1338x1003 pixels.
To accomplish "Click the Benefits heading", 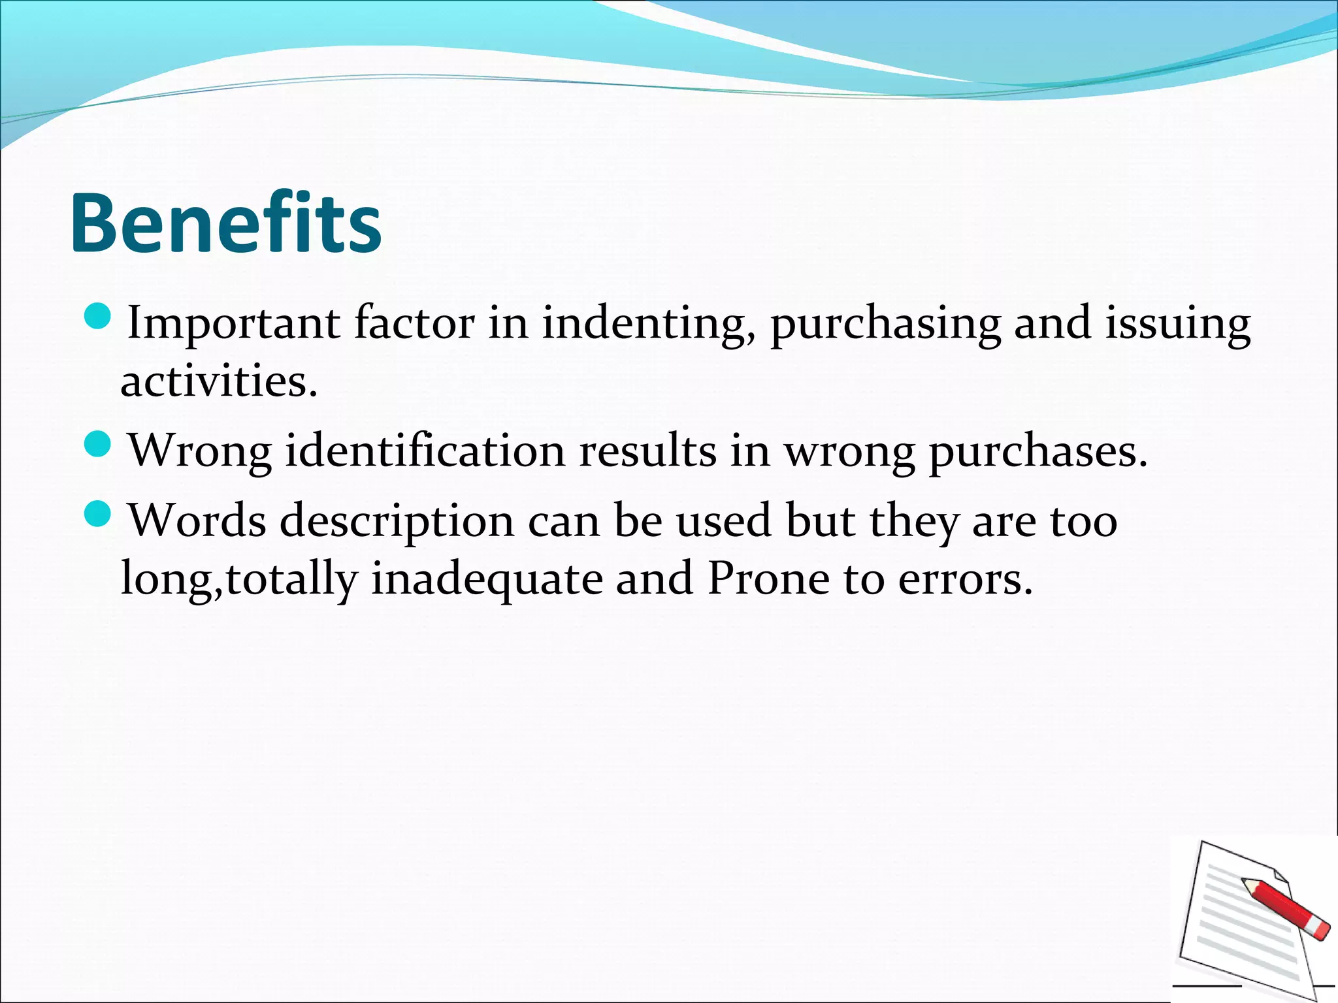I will click(225, 223).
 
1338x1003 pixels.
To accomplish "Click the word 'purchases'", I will click(1037, 452).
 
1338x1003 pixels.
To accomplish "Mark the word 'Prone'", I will click(768, 579).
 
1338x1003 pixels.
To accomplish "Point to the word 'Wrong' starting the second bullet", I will click(200, 452).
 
